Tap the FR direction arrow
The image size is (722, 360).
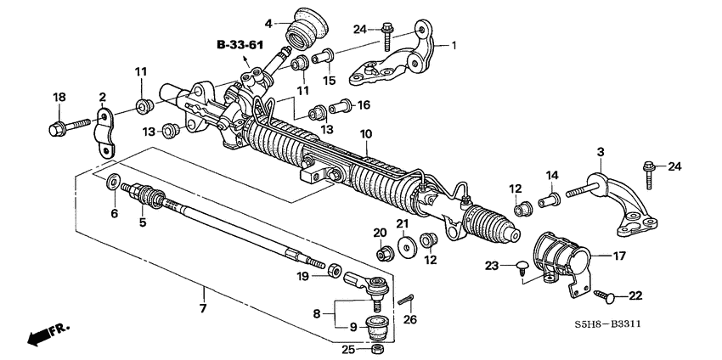coord(44,335)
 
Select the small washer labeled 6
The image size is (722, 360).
coord(113,182)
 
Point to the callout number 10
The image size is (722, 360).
coord(366,134)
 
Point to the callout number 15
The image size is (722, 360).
coord(329,81)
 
